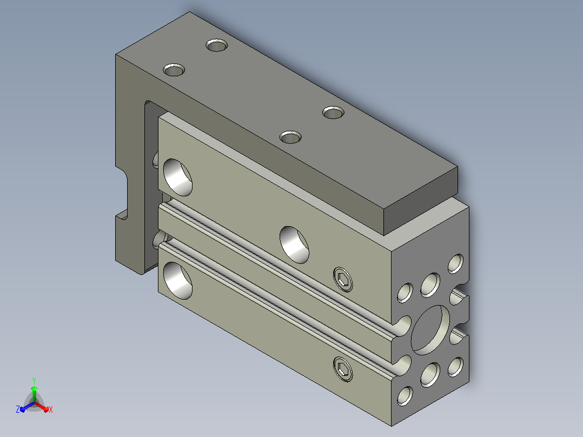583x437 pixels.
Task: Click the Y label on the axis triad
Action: point(34,380)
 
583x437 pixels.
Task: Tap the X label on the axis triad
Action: point(51,409)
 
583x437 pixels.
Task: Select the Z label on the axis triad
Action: point(18,409)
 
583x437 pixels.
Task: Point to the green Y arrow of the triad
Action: point(34,394)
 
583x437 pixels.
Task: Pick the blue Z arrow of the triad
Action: point(27,407)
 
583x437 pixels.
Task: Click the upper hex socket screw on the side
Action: point(343,279)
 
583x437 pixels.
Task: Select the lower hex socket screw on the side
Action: point(343,369)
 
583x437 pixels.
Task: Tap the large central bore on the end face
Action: point(430,330)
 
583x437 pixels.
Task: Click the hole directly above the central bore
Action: point(430,285)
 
